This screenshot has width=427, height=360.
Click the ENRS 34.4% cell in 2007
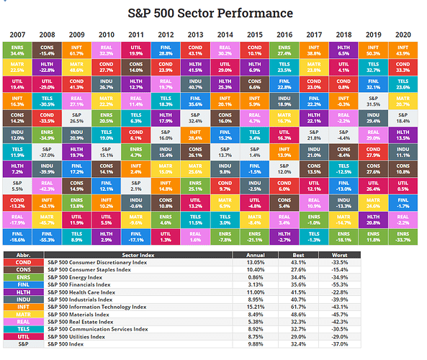coord(18,50)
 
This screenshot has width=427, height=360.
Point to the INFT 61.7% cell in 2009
coord(78,50)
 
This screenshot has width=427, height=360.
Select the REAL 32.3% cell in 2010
coord(108,50)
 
